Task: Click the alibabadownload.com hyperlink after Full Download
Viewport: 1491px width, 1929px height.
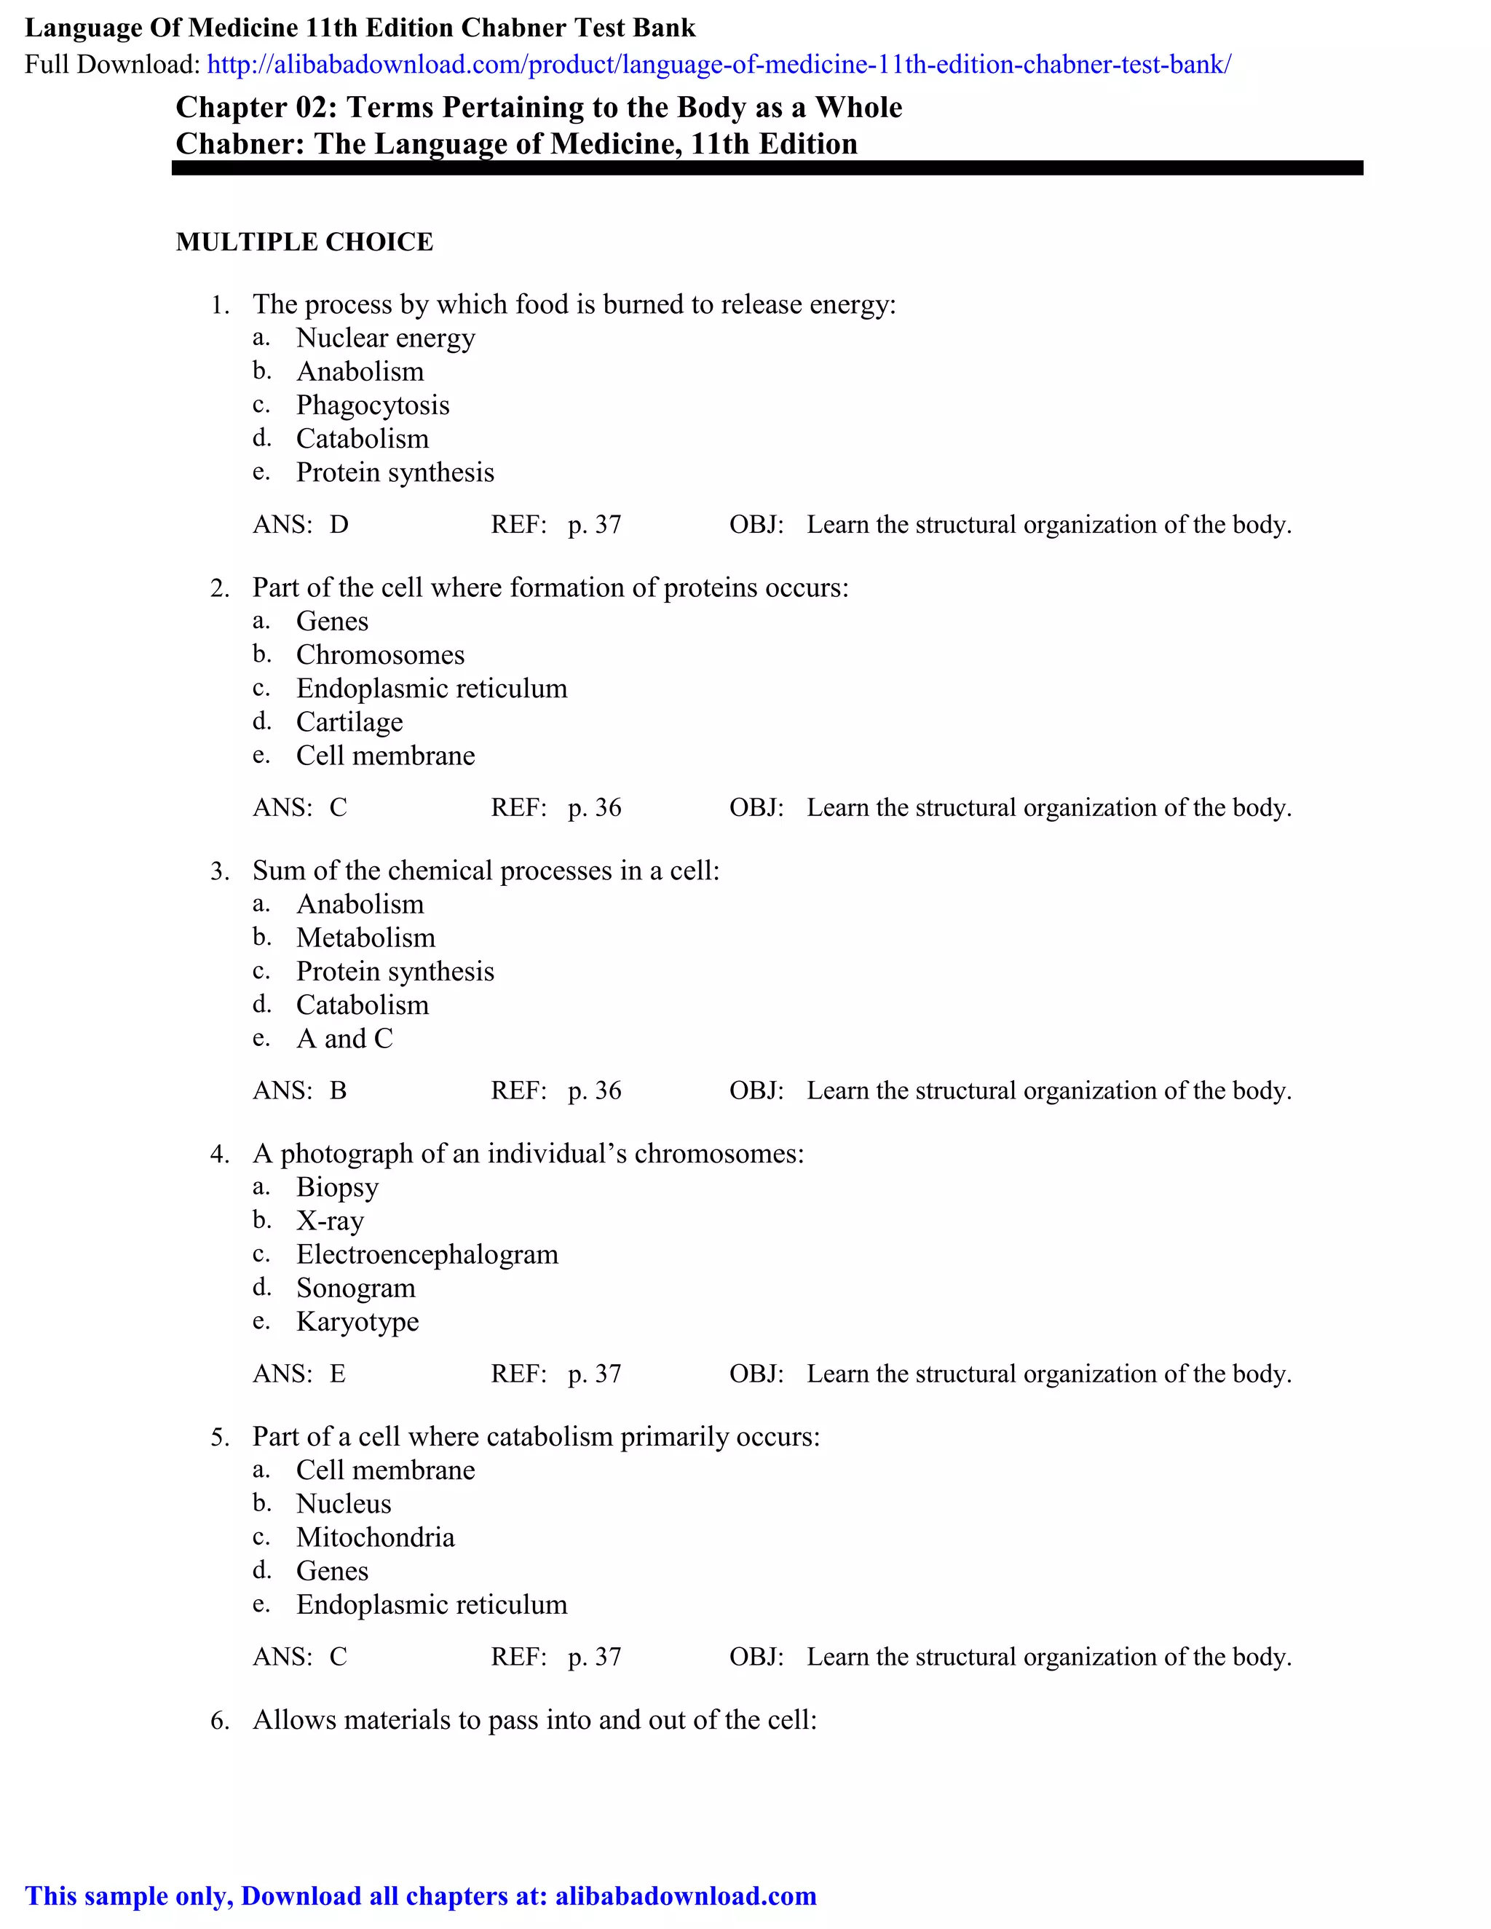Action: click(x=718, y=65)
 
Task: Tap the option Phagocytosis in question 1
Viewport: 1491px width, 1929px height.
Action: click(x=372, y=405)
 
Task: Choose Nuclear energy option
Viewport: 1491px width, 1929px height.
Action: click(x=385, y=338)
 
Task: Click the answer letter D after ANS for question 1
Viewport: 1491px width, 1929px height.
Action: click(x=339, y=526)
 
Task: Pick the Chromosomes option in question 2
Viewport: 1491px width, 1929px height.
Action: click(x=380, y=655)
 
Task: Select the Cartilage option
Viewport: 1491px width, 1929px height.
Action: click(x=349, y=723)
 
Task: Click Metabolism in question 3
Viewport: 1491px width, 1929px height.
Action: click(x=365, y=938)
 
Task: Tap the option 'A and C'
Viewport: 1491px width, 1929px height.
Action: click(x=344, y=1039)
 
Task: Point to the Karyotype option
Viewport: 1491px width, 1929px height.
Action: click(x=357, y=1322)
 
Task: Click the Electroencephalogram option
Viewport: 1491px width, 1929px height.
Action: click(x=427, y=1255)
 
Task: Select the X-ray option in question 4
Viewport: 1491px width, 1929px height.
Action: click(x=330, y=1221)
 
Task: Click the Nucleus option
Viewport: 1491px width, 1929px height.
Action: click(x=343, y=1504)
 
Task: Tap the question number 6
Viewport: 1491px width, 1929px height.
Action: click(x=219, y=1722)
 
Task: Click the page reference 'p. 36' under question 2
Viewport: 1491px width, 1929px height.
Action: click(x=595, y=808)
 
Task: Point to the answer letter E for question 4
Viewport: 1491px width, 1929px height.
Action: click(x=337, y=1374)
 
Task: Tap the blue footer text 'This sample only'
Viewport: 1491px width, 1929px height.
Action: click(x=131, y=1896)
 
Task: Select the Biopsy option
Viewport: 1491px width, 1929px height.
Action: click(x=336, y=1188)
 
